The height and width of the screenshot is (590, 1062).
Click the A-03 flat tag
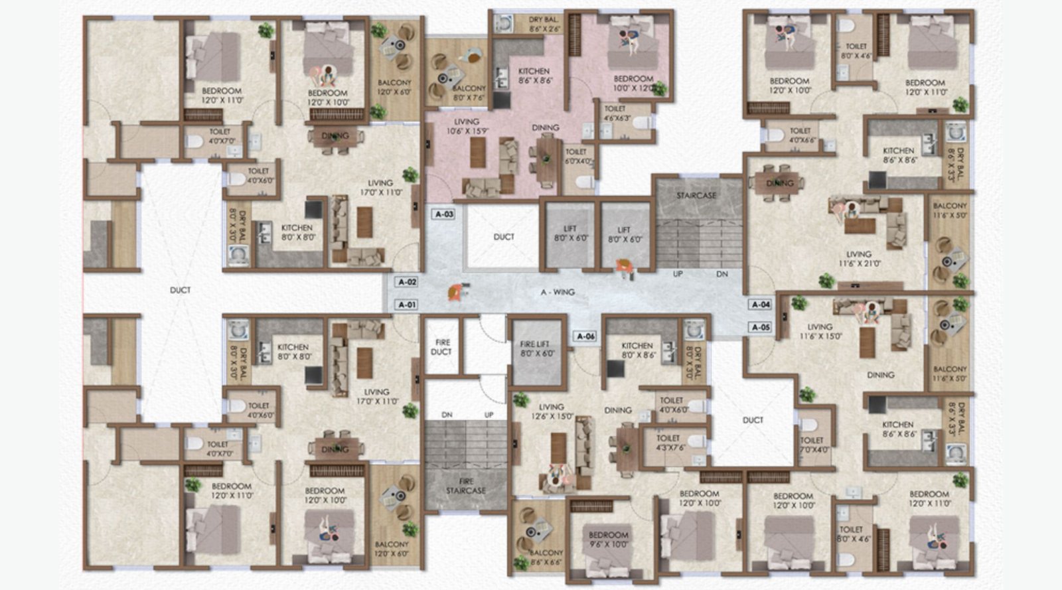click(x=444, y=214)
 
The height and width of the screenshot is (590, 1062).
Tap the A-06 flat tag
click(x=585, y=336)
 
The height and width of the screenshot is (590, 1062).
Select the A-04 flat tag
click(x=761, y=305)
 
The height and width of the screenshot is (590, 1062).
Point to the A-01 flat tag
click(x=407, y=305)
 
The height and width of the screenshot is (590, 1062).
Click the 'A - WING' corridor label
click(x=558, y=292)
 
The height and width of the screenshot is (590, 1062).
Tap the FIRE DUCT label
click(x=442, y=347)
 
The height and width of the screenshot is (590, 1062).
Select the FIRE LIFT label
click(x=535, y=349)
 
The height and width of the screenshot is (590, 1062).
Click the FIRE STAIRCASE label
click(x=465, y=486)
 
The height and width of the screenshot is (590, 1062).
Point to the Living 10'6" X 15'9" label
click(x=467, y=126)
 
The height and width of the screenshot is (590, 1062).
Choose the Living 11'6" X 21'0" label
click(x=858, y=258)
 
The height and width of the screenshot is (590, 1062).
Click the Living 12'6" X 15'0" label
click(x=551, y=411)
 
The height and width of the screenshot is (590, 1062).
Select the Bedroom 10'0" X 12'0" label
click(x=633, y=83)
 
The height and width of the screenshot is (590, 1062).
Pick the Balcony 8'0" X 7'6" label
click(x=469, y=92)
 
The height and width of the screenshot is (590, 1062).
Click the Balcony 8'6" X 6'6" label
click(x=546, y=557)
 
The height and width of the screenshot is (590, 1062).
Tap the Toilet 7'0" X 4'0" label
click(x=812, y=445)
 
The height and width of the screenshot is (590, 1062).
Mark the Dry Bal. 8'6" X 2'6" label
click(x=544, y=25)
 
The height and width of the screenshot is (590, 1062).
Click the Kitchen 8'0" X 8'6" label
click(x=637, y=350)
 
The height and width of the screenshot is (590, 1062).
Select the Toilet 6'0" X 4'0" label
click(x=576, y=156)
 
